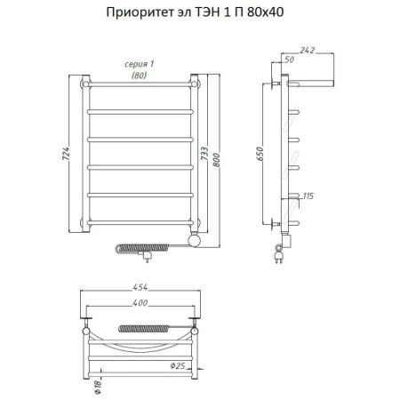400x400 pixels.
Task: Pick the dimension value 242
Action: [x=308, y=50]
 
